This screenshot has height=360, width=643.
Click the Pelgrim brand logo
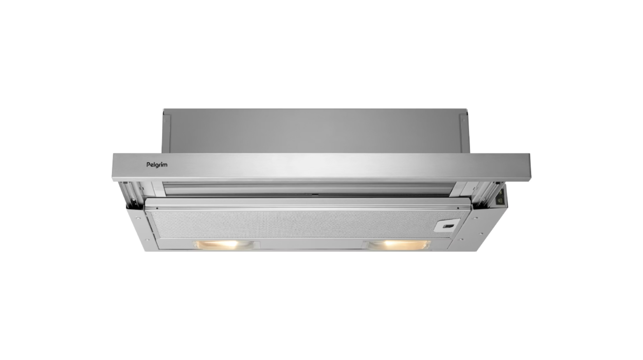[157, 165]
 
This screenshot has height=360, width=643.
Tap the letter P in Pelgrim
[148, 165]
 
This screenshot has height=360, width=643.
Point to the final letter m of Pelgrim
[165, 165]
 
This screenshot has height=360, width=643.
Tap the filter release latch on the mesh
[446, 226]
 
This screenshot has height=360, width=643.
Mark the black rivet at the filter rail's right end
[458, 208]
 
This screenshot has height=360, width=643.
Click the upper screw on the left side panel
[138, 219]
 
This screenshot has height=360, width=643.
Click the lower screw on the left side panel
[147, 240]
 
